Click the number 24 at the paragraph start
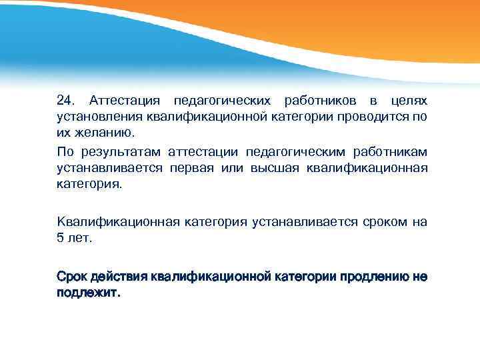pos(65,101)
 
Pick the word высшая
pos(275,169)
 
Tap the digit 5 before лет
pos(60,239)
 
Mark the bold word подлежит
pos(87,293)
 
